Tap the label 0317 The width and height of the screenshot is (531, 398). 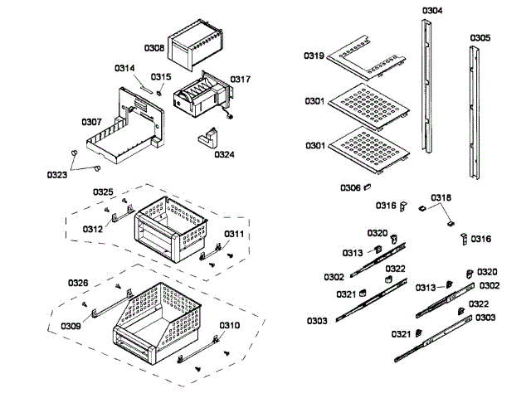tap(241, 80)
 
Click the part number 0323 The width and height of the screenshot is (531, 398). tap(57, 175)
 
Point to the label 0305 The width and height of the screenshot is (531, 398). tap(479, 38)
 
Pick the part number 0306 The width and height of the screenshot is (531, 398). tap(350, 187)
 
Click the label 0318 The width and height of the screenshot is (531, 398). tap(441, 197)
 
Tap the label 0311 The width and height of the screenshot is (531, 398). tap(234, 235)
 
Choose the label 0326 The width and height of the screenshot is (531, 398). tap(78, 284)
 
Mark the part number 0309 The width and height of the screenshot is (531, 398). tap(71, 326)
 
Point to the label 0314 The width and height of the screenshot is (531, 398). tap(124, 68)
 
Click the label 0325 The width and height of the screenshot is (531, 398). tap(103, 192)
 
